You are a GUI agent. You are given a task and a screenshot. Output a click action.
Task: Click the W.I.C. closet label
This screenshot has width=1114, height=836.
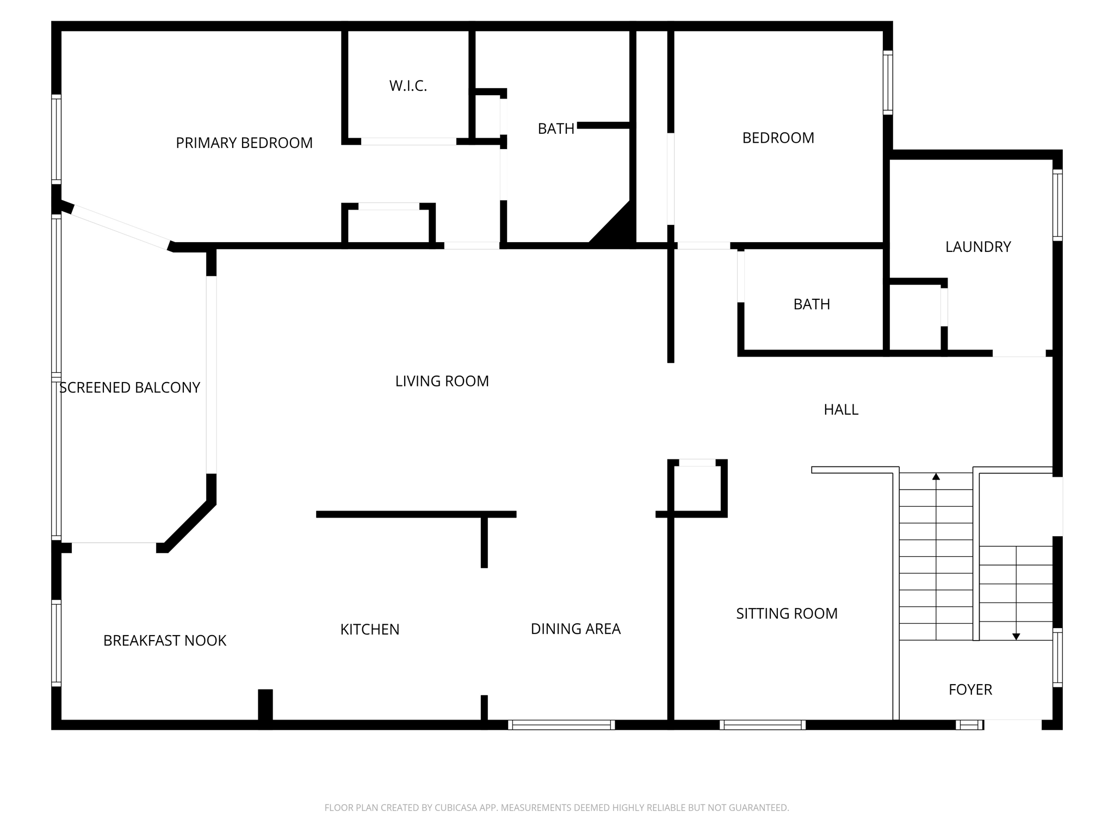[x=408, y=86]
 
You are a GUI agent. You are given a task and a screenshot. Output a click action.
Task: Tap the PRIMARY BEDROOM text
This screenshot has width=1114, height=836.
[x=244, y=143]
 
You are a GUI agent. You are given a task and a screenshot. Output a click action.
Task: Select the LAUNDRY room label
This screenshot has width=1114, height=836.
[x=978, y=247]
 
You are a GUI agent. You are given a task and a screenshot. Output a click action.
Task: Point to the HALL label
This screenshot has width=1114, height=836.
[x=841, y=410]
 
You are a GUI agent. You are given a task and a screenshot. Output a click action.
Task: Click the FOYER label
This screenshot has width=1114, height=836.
[x=970, y=690]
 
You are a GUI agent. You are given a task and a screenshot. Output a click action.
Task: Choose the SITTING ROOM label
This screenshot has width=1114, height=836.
[x=787, y=614]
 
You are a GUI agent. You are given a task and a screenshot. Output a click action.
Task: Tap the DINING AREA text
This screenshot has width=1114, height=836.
[x=575, y=629]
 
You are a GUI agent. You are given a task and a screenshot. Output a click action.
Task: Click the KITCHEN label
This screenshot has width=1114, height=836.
[x=370, y=630]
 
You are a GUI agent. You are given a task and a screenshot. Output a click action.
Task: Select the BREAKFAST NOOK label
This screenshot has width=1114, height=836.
[x=165, y=641]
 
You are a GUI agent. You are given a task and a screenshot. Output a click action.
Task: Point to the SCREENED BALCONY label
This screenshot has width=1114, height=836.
[x=129, y=388]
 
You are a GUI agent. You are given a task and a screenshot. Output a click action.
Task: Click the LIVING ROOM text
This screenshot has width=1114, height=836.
[x=442, y=382]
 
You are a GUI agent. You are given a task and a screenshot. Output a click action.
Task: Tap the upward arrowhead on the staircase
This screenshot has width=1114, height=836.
[x=936, y=477]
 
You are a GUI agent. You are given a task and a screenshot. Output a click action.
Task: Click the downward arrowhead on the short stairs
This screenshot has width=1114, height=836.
[x=1016, y=636]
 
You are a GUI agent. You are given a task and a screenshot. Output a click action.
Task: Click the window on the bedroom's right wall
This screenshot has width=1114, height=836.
[x=888, y=83]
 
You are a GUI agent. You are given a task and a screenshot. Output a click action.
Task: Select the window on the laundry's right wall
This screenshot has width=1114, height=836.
[x=1057, y=205]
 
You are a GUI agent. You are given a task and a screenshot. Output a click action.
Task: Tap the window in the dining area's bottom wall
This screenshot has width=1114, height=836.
[x=561, y=724]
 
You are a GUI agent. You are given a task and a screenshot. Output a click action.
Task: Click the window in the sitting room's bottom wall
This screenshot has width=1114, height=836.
[x=763, y=724]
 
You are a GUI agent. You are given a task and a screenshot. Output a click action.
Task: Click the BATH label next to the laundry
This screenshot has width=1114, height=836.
[x=812, y=304]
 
